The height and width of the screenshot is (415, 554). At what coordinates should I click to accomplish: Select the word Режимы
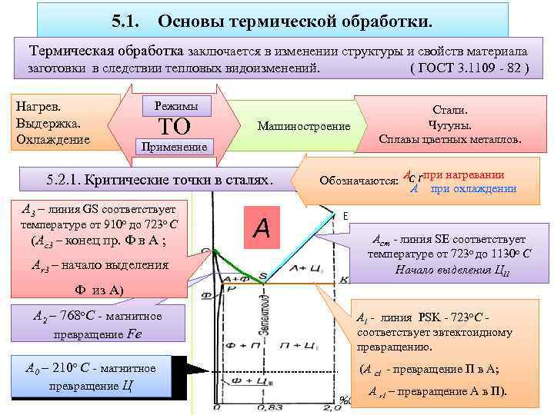176,105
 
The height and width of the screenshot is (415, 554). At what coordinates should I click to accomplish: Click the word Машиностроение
304,125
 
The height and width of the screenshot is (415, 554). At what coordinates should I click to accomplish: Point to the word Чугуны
450,124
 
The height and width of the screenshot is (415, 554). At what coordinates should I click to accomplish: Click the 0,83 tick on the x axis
264,407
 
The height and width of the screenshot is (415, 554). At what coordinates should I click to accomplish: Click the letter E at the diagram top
346,216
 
